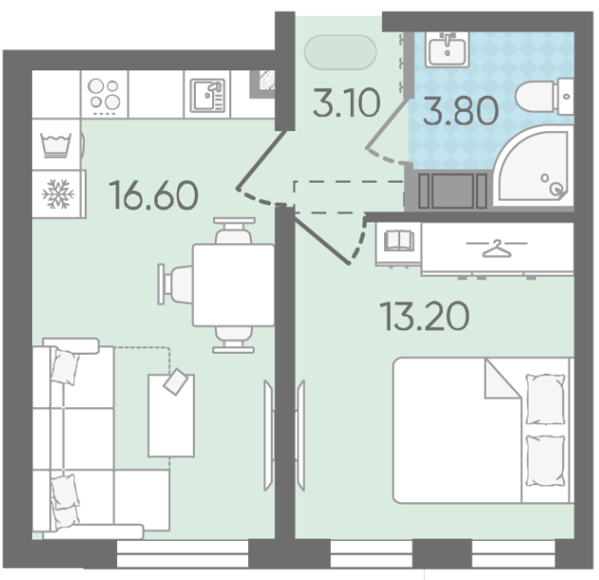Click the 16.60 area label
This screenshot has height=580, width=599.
pos(154,196)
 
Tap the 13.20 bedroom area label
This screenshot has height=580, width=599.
pos(425,316)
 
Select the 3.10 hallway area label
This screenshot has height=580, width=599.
pos(346,103)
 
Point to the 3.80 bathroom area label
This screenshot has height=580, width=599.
pos(461,111)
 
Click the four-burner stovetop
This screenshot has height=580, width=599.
pos(105,94)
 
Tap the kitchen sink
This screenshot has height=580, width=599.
pos(207,94)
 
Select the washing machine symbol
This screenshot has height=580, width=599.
pos(56,145)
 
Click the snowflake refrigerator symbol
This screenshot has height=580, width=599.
pos(58,194)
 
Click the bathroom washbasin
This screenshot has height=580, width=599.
pos(448,48)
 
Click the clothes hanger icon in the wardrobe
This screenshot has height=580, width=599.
pos(496,248)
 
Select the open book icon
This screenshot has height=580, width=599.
pos(398,241)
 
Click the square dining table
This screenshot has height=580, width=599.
pos(233,285)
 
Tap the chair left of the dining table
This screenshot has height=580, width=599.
pos(176,284)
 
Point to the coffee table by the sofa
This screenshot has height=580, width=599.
pos(171,416)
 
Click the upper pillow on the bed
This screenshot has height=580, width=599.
pos(545,399)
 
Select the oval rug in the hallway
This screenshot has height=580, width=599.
pos(340,52)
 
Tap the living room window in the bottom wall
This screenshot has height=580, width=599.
pos(183,553)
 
